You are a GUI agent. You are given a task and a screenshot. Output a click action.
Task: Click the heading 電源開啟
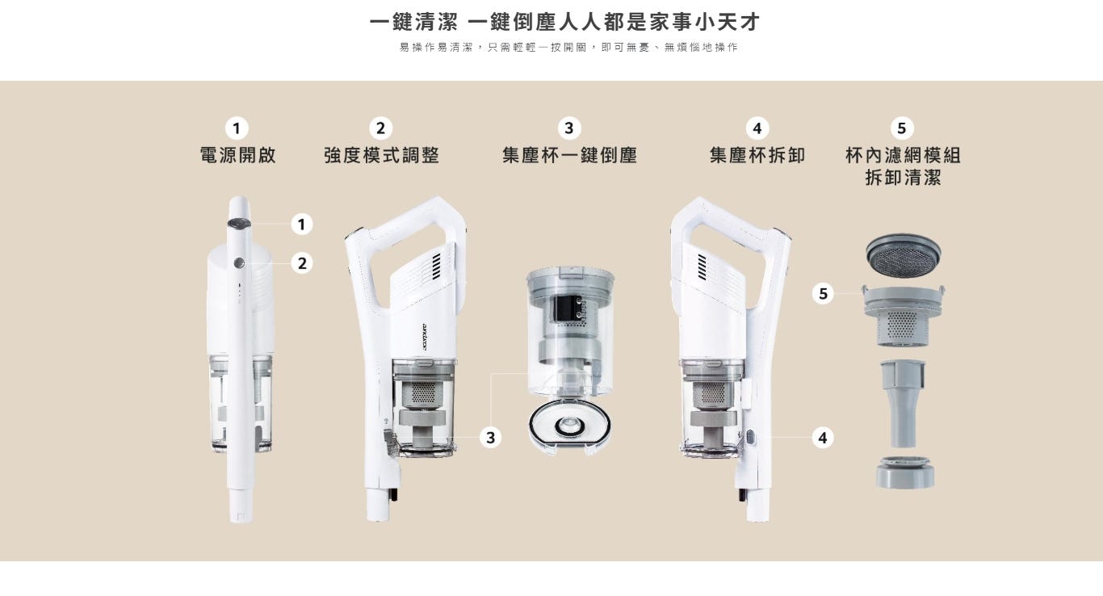[x=238, y=155]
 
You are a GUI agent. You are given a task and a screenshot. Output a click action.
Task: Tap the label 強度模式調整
[x=382, y=155]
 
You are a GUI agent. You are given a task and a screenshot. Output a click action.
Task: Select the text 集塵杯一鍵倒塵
[x=570, y=155]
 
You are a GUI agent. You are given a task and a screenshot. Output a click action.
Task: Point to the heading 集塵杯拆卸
[x=757, y=155]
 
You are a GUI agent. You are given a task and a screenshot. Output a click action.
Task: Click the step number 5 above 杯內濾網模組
[x=902, y=128]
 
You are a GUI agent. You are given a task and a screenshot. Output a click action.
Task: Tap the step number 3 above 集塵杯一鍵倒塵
[x=569, y=128]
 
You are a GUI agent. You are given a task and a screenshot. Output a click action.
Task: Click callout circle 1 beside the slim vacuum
[x=302, y=225]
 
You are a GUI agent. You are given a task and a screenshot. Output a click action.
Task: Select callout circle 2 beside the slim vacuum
[x=302, y=263]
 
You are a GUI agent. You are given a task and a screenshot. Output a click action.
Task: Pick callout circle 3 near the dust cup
[x=490, y=438]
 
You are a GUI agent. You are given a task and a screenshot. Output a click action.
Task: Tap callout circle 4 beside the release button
[x=823, y=438]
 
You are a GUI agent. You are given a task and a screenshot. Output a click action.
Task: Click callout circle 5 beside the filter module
[x=823, y=294]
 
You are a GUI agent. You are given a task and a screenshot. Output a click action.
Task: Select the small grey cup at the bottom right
[x=905, y=473]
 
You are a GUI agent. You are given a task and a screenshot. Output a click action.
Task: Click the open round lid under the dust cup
[x=570, y=426]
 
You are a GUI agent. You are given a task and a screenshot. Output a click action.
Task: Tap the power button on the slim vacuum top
[x=239, y=225]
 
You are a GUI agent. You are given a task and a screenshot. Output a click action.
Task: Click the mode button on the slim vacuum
[x=239, y=263]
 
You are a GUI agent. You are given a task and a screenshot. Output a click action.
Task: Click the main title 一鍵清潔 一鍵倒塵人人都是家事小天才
[x=565, y=22]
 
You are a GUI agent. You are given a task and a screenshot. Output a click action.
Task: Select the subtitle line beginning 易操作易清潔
[x=568, y=48]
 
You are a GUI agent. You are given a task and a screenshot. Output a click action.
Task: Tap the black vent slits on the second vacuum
[x=436, y=267]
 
